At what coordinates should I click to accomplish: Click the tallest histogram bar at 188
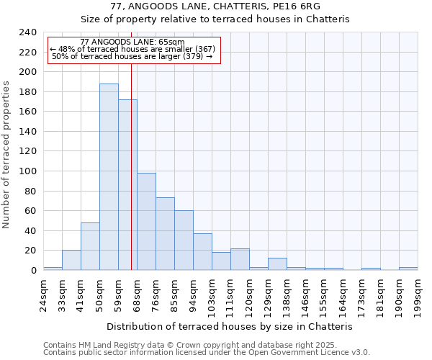point(109,177)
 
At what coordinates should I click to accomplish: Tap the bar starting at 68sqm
point(146,222)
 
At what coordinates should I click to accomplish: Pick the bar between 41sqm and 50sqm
point(90,246)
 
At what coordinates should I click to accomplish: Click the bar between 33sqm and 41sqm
point(71,260)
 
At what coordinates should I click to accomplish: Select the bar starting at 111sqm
point(240,259)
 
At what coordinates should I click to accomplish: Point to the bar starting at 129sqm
point(277,264)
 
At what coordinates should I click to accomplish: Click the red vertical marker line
point(131,166)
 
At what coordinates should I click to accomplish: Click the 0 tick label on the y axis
point(33,271)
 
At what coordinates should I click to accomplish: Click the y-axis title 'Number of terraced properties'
point(6,154)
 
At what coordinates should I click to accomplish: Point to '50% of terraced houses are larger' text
point(132,56)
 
